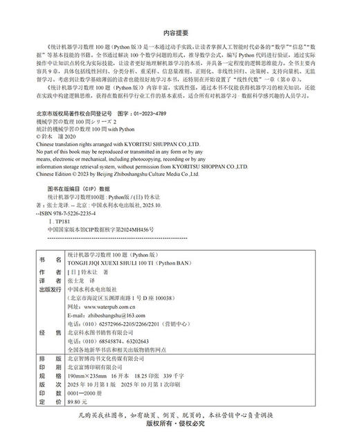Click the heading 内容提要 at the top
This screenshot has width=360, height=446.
click(x=179, y=32)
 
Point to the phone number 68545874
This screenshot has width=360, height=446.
click(x=118, y=341)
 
